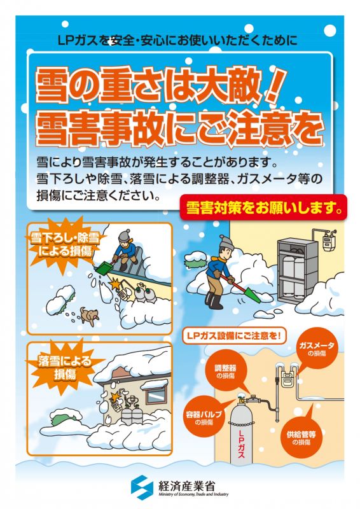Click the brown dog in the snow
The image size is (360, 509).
(89, 316)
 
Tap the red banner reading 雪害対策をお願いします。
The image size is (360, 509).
(263, 208)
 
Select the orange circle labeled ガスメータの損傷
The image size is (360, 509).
(316, 349)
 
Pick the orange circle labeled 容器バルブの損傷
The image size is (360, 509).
(204, 417)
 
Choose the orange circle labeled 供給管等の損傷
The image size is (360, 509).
(301, 437)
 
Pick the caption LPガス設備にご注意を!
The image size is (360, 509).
(232, 336)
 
